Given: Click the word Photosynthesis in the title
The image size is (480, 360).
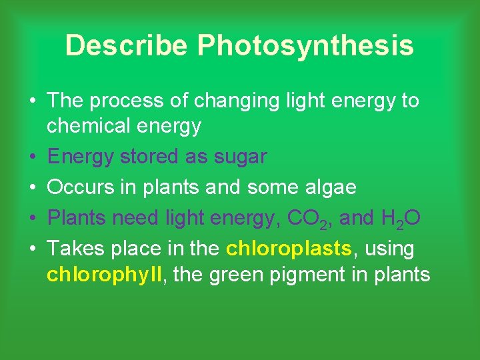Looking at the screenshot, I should (305, 46).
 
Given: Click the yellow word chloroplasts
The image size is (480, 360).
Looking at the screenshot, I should (289, 249).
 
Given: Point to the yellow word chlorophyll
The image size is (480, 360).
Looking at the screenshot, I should (104, 274).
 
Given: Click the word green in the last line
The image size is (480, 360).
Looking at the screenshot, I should (239, 274).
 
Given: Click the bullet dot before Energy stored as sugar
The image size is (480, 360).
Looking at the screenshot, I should (33, 157).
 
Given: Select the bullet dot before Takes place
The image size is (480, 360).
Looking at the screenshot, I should (33, 249).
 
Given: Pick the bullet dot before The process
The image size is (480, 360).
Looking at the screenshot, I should (33, 101).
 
